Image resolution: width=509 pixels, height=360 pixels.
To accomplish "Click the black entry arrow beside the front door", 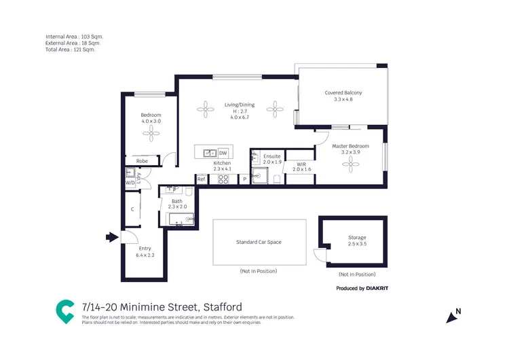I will tap(111, 237).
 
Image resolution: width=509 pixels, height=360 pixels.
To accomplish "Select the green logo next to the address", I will tap(65, 312).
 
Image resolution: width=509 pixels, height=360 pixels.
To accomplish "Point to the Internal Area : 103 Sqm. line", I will tap(75, 37).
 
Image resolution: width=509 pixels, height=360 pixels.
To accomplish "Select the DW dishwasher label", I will tap(223, 154).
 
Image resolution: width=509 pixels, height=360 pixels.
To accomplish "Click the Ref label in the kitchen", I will tap(201, 179).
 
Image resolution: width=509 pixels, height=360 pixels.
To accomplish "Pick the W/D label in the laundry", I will tap(130, 183).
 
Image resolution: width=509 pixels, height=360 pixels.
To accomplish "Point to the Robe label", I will tap(143, 161).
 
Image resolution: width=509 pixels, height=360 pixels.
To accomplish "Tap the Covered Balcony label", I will tap(343, 93).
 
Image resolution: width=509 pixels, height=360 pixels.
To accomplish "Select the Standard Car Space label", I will tap(259, 242).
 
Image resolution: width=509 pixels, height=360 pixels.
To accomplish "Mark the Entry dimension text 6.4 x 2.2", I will tap(145, 255).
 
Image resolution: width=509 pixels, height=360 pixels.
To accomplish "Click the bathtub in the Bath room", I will tap(181, 219).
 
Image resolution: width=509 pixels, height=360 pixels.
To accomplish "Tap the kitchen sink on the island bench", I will tap(210, 153).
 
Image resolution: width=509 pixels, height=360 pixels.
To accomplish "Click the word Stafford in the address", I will tap(222, 307).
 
